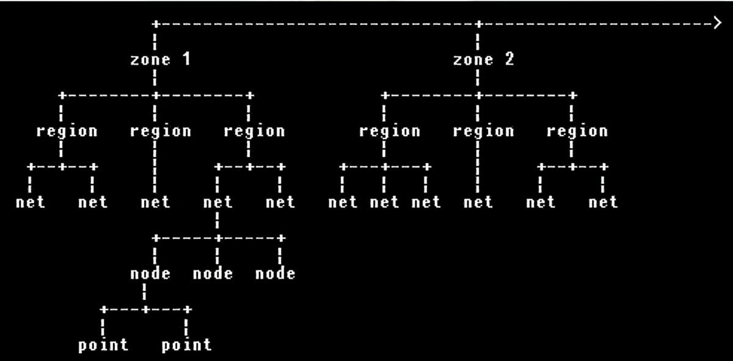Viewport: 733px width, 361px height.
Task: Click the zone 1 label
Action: tap(160, 59)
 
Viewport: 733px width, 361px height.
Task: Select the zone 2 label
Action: tap(483, 59)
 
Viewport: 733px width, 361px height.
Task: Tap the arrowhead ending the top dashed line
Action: tap(717, 23)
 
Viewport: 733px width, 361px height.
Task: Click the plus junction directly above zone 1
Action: tap(156, 24)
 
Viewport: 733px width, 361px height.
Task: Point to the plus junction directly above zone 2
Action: tap(479, 24)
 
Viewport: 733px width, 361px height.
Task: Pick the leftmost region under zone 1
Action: tap(67, 131)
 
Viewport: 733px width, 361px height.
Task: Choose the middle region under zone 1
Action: tap(160, 131)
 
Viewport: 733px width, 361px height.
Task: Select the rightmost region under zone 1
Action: tap(254, 131)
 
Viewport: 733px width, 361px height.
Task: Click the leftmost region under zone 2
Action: tap(390, 131)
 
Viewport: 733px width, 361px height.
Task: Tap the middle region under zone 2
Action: tap(483, 131)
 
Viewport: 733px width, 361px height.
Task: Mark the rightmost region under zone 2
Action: tap(577, 131)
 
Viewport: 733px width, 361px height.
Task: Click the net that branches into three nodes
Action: tap(217, 202)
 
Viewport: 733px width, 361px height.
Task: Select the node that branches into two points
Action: tap(150, 274)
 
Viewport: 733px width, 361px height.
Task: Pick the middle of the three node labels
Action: tap(213, 274)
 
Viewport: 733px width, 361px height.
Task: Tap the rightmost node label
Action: tap(275, 274)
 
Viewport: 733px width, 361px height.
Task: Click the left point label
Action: tap(103, 345)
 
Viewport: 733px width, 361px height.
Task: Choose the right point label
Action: tap(186, 345)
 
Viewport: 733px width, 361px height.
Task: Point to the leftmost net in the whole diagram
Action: tap(30, 202)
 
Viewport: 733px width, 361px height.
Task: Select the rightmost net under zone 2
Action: tap(603, 202)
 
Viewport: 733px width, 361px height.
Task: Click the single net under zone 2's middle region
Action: tap(478, 202)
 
